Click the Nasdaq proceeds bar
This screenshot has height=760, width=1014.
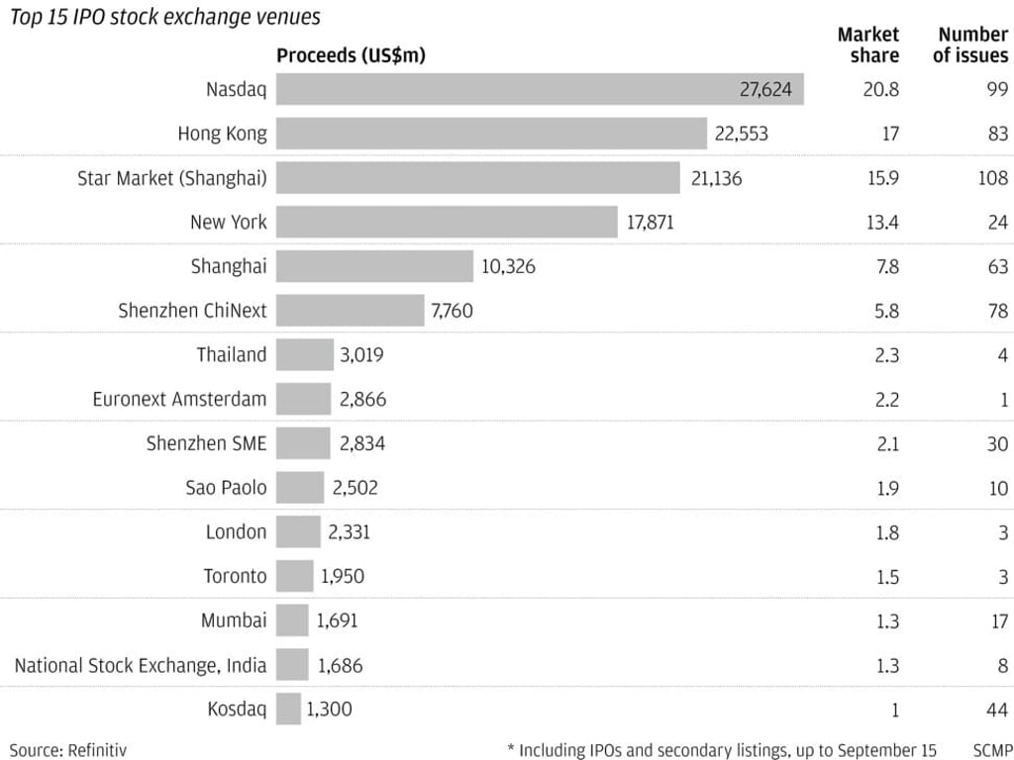pyautogui.click(x=540, y=89)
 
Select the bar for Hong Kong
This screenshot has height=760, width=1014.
pyautogui.click(x=491, y=134)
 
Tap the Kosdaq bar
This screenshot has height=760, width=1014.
pyautogui.click(x=288, y=709)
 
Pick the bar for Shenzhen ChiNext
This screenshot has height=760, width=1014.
pyautogui.click(x=350, y=311)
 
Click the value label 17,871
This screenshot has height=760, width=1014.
pyautogui.click(x=650, y=223)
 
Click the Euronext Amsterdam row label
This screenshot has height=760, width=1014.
pyautogui.click(x=179, y=400)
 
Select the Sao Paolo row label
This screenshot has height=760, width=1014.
pyautogui.click(x=226, y=488)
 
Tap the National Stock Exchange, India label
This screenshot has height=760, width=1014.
pyautogui.click(x=141, y=665)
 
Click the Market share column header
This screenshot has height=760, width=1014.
pyautogui.click(x=868, y=46)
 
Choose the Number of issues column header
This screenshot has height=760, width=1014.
pyautogui.click(x=970, y=46)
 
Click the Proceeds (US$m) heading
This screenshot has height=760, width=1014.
pyautogui.click(x=351, y=55)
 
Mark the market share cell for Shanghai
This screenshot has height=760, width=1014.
pyautogui.click(x=882, y=267)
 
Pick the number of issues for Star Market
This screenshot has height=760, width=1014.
pyautogui.click(x=990, y=178)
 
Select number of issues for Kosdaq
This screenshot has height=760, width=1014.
pyautogui.click(x=996, y=710)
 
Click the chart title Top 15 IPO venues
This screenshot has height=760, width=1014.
pyautogui.click(x=164, y=17)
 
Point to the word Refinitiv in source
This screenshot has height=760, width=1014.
pyautogui.click(x=97, y=749)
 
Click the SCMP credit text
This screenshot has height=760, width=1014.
pyautogui.click(x=992, y=749)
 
